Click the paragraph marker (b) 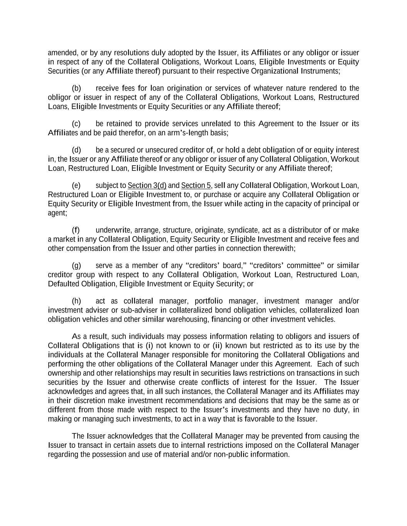pos(76,88)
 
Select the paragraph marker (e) pos(76,185)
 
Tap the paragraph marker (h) pos(76,301)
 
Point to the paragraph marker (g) pos(76,266)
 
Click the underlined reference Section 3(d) pos(147,185)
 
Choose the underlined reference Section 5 pos(196,185)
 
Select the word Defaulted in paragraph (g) pos(64,284)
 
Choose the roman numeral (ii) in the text pos(217,346)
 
